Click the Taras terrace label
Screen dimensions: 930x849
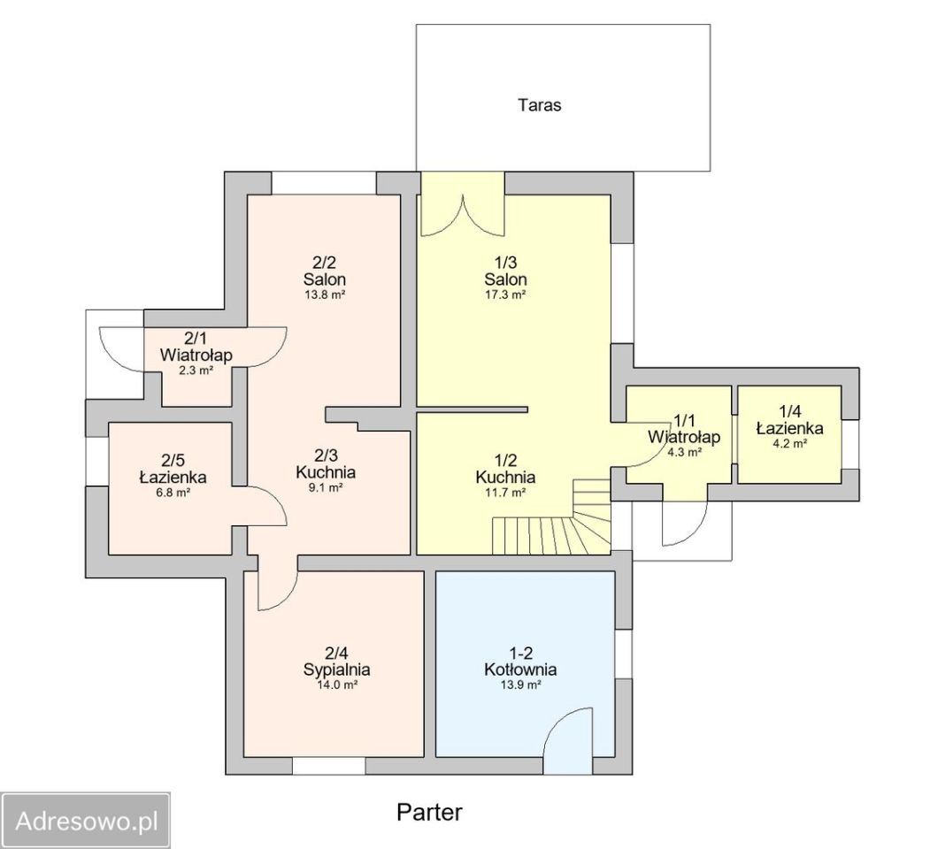539,105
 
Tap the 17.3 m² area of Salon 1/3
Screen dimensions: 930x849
505,294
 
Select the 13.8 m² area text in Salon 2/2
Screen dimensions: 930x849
325,294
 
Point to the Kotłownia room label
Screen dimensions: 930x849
520,669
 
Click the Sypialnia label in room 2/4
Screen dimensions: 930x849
336,669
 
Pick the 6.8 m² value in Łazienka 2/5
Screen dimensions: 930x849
173,492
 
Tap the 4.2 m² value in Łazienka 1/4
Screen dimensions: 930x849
789,443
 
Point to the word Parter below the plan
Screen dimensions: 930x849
429,812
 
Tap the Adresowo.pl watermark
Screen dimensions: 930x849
87,821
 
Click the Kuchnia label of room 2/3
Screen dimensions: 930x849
326,472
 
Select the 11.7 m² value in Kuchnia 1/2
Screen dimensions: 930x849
505,492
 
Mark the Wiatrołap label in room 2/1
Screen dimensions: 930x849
196,356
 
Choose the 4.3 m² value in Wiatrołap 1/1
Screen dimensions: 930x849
685,452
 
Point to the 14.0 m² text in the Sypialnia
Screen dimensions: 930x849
337,685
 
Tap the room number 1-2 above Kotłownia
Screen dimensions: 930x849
520,653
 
